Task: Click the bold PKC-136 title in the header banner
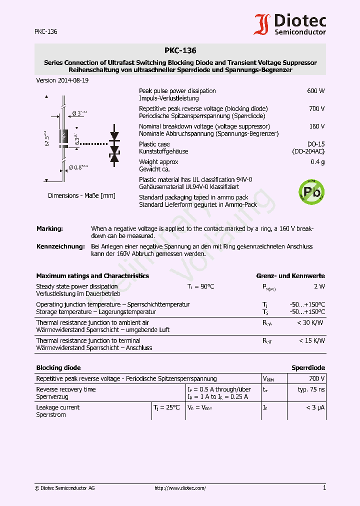[x=180, y=50]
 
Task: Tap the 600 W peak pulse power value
[x=315, y=91]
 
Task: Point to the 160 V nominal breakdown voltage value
[x=316, y=126]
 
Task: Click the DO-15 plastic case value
[x=316, y=144]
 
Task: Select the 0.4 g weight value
[x=317, y=162]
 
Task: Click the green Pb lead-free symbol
[x=311, y=192]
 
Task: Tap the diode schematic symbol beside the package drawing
[x=114, y=147]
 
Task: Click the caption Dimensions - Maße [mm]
[x=81, y=196]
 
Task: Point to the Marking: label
[x=49, y=228]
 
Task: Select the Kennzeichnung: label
[x=60, y=246]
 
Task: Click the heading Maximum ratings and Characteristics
[x=92, y=276]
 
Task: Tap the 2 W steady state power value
[x=319, y=286]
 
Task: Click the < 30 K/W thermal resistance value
[x=310, y=322]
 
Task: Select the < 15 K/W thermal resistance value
[x=311, y=340]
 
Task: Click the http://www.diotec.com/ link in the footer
[x=180, y=488]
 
